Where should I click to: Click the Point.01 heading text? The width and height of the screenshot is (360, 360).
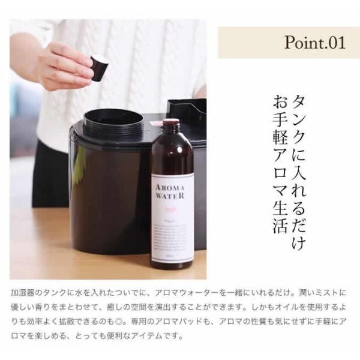click(314, 43)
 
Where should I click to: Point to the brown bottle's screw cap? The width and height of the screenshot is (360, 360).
click(172, 125)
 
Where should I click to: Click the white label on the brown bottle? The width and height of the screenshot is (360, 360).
click(172, 216)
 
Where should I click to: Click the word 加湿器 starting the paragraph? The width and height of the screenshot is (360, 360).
click(23, 293)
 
